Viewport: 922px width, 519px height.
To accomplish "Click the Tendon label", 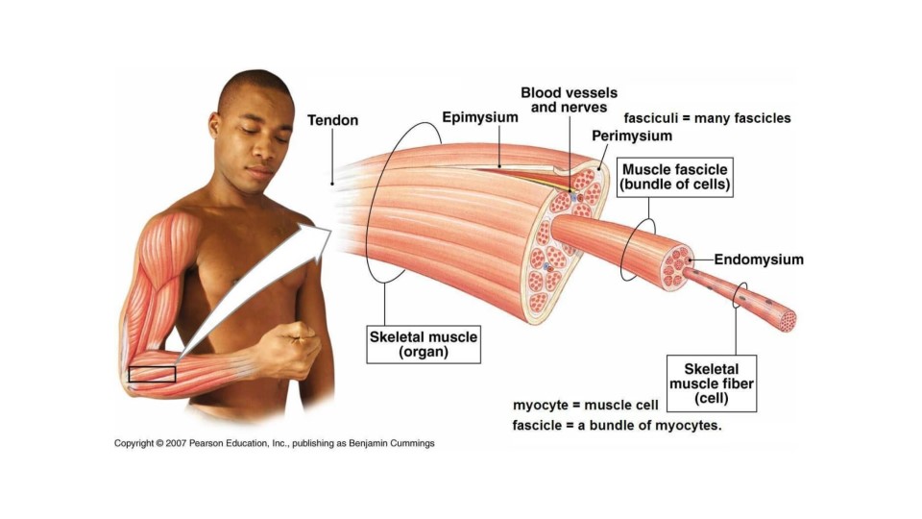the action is coord(332,120).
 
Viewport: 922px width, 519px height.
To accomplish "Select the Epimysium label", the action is coord(480,117).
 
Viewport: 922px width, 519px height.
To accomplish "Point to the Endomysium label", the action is coord(759,259).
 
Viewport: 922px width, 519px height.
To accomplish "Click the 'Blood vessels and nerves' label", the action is coord(564,100).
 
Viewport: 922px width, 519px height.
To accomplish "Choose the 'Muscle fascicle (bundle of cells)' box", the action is coord(676,178).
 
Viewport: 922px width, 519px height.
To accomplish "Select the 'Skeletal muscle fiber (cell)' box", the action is coord(712,383).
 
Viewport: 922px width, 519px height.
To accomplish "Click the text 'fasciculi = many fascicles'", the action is coord(707,118).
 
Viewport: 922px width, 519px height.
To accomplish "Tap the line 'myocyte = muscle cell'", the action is coord(586,405).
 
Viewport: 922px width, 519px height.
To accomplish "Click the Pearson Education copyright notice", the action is coord(275,443).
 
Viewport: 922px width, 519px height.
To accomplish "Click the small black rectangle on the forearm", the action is coord(152,374).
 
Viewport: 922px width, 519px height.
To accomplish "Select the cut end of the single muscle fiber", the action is coord(788,321).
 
